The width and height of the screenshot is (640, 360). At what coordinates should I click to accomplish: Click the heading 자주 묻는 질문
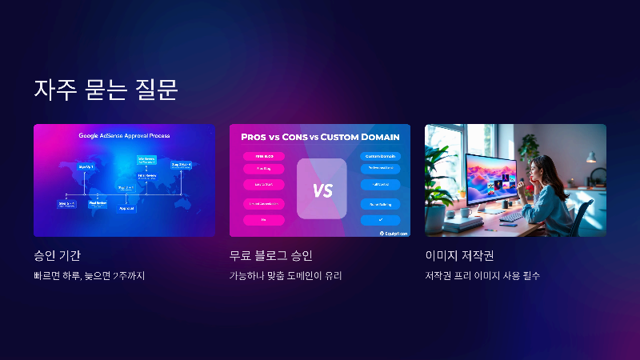click(105, 89)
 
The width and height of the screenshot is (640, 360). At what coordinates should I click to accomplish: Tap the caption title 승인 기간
click(58, 256)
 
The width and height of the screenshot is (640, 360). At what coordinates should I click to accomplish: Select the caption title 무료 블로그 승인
click(270, 256)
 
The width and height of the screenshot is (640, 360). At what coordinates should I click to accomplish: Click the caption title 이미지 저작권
click(459, 256)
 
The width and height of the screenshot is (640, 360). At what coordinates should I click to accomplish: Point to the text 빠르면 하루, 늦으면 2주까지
click(90, 277)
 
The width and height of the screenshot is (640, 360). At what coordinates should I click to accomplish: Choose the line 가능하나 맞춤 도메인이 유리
click(291, 277)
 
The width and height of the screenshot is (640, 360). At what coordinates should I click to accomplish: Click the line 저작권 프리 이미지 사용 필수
click(482, 277)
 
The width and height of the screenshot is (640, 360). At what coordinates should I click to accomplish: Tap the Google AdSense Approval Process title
click(124, 136)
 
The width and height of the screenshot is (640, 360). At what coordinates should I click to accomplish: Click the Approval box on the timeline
click(126, 208)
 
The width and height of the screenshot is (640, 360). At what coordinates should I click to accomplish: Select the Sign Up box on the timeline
click(86, 166)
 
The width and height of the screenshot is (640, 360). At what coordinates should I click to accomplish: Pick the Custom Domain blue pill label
click(380, 155)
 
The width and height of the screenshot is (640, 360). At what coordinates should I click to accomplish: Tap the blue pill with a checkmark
click(380, 220)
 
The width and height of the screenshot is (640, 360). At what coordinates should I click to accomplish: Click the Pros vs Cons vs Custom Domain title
click(320, 137)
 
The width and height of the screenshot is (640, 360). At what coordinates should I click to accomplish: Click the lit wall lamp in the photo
click(591, 158)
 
